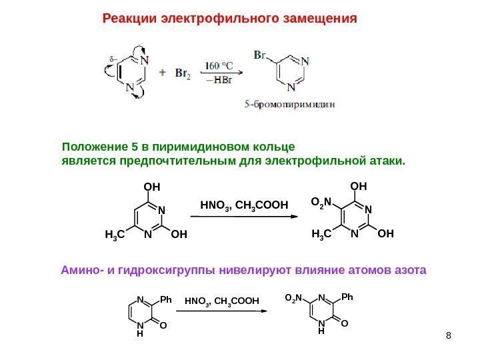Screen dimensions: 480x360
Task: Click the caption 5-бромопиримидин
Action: tap(288, 104)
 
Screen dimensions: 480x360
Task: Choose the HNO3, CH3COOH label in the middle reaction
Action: tap(243, 205)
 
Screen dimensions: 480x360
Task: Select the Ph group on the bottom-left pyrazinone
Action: tap(165, 299)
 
